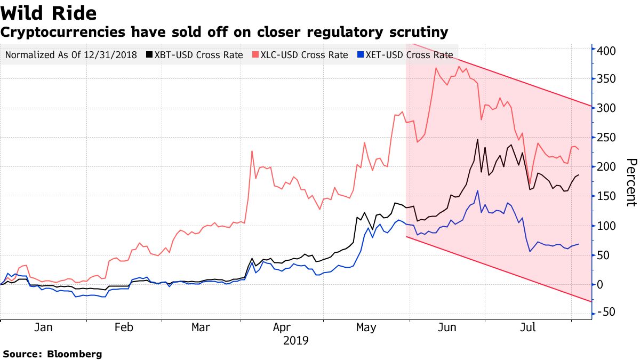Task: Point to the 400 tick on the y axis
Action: (606, 51)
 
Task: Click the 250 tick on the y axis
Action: (606, 138)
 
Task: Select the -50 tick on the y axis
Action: (606, 312)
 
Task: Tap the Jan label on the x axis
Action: (43, 327)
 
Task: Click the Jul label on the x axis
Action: (528, 327)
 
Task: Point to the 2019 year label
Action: (296, 340)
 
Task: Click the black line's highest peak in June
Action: (477, 140)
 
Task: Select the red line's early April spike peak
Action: (252, 151)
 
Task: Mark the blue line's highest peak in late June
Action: (477, 190)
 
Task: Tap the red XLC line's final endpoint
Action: (579, 149)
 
